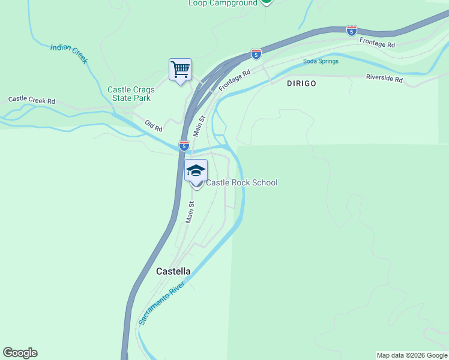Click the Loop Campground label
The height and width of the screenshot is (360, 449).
[223, 3]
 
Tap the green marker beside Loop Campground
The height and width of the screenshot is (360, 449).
[267, 2]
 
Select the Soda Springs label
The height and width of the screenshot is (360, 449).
[321, 61]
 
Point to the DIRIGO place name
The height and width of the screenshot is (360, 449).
[301, 83]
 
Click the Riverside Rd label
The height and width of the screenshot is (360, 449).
[384, 78]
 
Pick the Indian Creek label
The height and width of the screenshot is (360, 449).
[69, 53]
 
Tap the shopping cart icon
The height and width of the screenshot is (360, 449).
[180, 70]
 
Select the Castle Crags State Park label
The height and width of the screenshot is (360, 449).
[129, 94]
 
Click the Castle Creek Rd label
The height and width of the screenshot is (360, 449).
[32, 100]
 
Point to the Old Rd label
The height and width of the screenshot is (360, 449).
[154, 125]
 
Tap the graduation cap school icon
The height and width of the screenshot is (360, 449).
[196, 172]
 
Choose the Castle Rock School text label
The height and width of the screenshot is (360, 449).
[242, 182]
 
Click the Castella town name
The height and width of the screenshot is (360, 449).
[173, 271]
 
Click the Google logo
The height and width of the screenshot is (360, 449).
[20, 353]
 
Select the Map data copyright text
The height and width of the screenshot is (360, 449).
[412, 355]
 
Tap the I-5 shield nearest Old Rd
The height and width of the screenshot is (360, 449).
[184, 146]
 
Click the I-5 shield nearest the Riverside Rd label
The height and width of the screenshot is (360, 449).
[352, 30]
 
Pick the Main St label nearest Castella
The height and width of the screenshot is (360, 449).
[190, 212]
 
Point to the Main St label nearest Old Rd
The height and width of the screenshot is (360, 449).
[200, 126]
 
